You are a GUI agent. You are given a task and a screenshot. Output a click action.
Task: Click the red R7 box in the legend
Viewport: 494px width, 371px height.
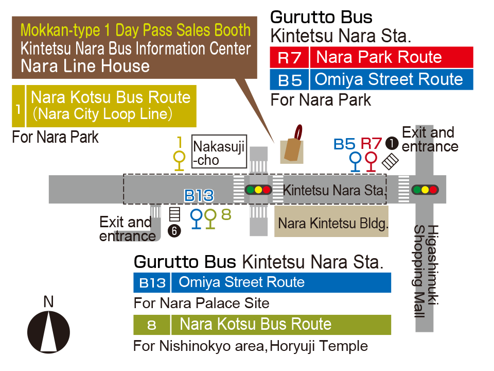[x=289, y=57]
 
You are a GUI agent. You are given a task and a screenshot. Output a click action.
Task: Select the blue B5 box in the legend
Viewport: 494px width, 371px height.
[x=289, y=80]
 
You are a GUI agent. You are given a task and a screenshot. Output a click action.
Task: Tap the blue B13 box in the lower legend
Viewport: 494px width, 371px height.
[x=152, y=283]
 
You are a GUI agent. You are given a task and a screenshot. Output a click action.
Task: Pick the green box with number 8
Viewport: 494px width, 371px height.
[x=152, y=325]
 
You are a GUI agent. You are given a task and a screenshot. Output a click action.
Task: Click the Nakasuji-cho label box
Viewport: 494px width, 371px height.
[x=219, y=152]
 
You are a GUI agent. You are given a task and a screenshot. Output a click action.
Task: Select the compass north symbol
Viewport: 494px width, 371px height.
[x=48, y=332]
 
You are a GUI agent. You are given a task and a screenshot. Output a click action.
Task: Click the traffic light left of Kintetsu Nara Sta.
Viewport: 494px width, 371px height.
[x=258, y=190]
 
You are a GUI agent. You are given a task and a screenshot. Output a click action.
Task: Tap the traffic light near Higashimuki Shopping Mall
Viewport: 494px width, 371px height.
[x=425, y=190]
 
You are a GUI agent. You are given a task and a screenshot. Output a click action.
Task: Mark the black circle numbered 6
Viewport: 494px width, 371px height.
[x=175, y=231]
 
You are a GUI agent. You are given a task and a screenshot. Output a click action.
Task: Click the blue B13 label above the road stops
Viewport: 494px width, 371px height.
[x=199, y=196]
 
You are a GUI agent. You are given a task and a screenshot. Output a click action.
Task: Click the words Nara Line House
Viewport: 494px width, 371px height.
[x=85, y=66]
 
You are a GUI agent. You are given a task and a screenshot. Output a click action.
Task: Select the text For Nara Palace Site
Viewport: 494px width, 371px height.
[x=201, y=303]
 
